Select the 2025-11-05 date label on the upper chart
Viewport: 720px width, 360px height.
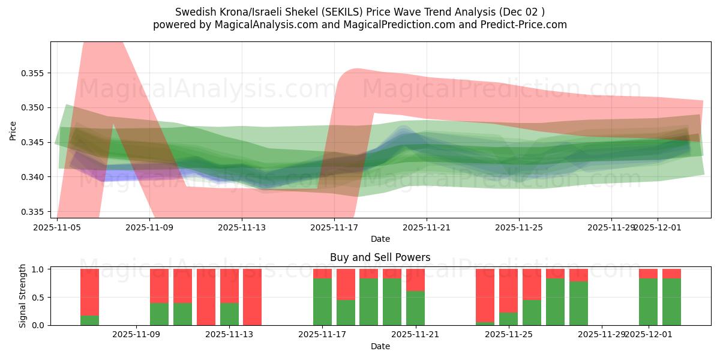coord(57,227)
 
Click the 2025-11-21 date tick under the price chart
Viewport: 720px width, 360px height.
coord(427,227)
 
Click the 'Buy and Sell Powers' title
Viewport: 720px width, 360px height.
coord(380,257)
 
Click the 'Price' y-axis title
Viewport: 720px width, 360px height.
coord(13,131)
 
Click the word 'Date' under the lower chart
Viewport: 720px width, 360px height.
coord(380,346)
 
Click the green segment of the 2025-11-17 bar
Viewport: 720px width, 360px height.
coord(322,301)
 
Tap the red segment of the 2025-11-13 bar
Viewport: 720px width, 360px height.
coord(229,286)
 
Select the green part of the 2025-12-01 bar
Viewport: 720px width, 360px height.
coord(648,301)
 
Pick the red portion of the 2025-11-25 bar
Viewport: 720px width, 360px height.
coord(508,290)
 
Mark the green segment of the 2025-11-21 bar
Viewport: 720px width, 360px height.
coord(415,308)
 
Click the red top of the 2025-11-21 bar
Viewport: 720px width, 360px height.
coord(415,280)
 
